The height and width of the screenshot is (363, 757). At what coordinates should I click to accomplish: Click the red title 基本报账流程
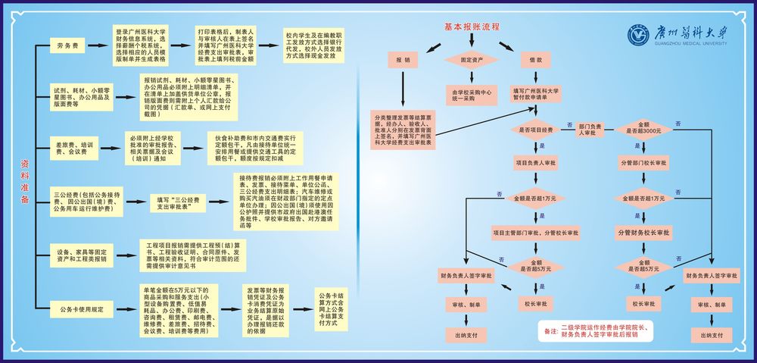point(472,27)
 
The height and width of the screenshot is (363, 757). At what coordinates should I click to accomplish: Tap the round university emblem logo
point(640,35)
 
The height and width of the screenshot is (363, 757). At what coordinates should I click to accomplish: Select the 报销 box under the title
point(403,59)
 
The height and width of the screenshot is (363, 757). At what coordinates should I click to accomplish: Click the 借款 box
point(535,59)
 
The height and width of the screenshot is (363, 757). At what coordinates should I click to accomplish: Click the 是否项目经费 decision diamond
point(535,130)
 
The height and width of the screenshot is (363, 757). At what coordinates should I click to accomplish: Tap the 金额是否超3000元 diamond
point(643,128)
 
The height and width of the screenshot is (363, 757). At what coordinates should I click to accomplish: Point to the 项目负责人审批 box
point(535,162)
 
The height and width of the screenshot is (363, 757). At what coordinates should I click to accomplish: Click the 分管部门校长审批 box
point(643,162)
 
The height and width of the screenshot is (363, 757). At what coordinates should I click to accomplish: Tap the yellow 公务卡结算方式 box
point(333,308)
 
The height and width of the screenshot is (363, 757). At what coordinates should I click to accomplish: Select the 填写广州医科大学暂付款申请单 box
point(535,94)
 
